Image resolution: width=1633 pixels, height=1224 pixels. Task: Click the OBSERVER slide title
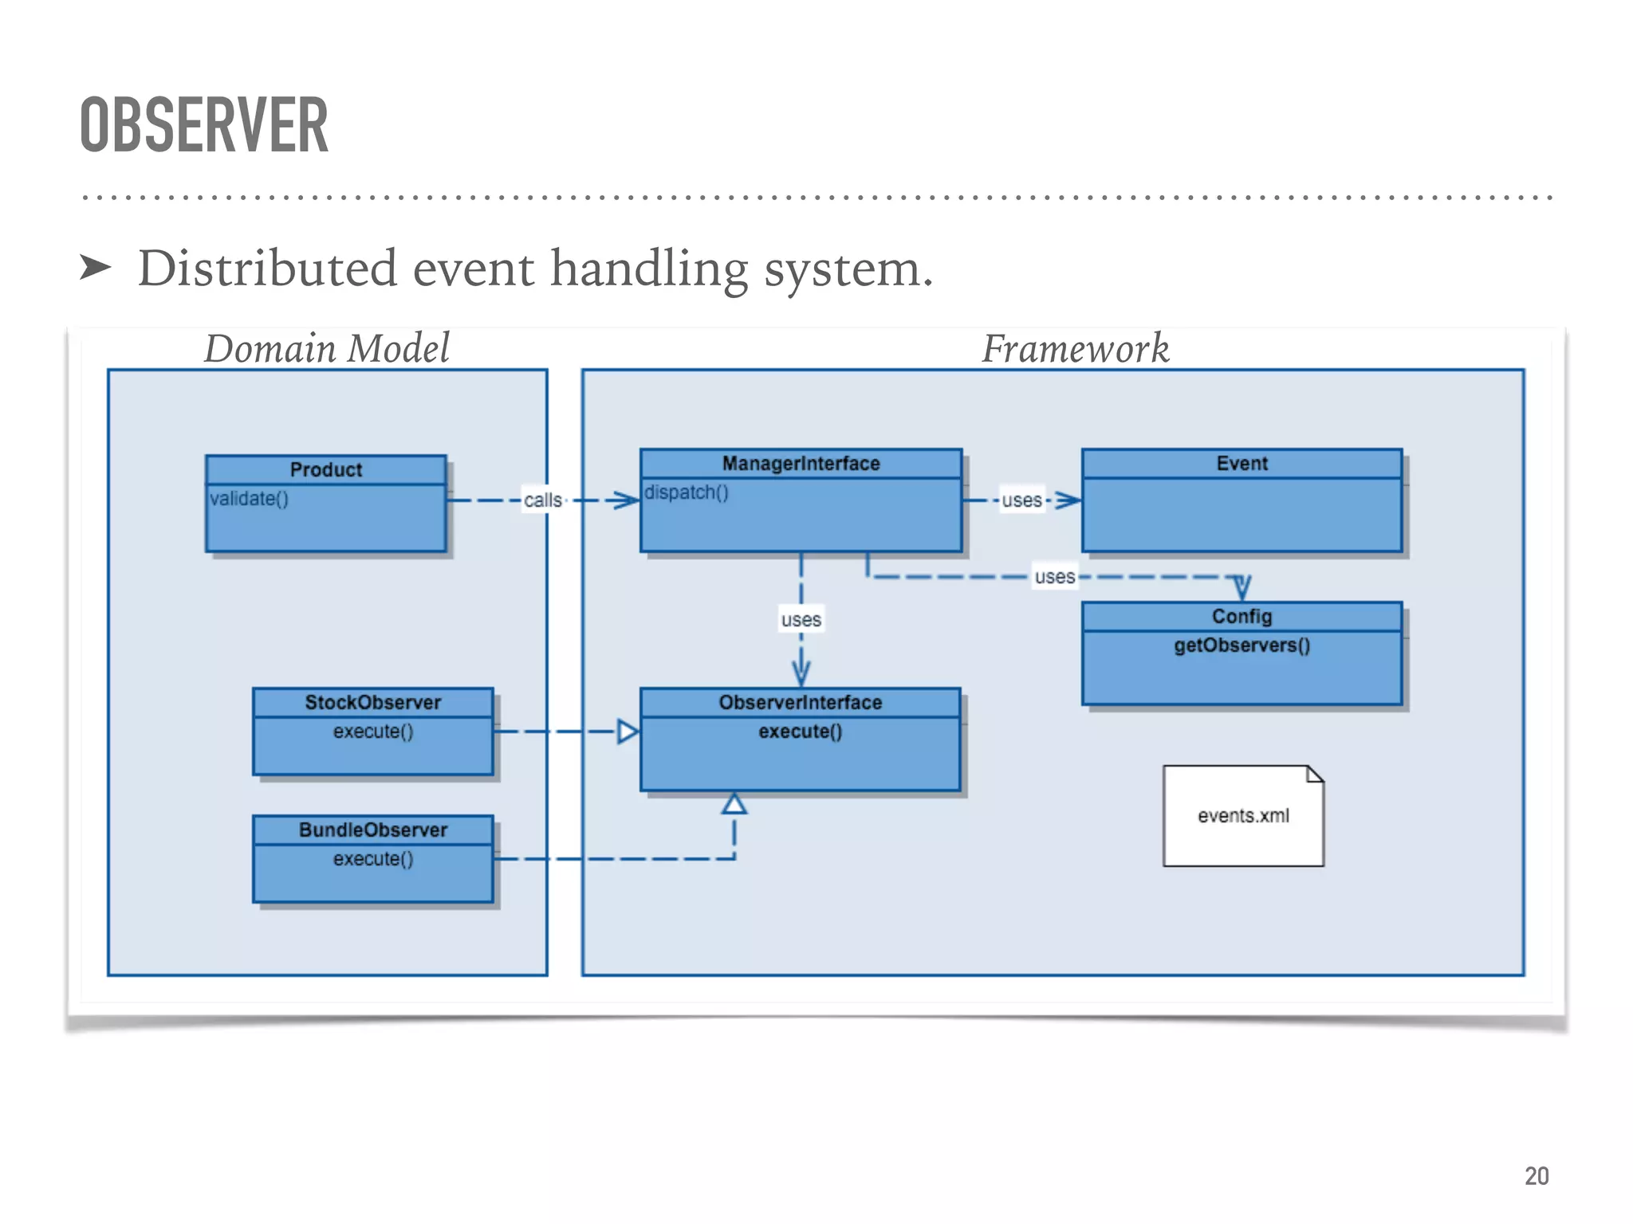[x=204, y=125]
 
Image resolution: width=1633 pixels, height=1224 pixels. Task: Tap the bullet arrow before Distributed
[x=96, y=268]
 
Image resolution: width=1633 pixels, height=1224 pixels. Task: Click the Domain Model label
[x=326, y=348]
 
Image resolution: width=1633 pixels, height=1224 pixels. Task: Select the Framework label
[x=1074, y=348]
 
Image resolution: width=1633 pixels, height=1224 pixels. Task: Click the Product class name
[x=325, y=469]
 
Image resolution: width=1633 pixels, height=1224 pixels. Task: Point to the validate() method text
[x=249, y=499]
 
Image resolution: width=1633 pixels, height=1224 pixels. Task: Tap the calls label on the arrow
[x=543, y=500]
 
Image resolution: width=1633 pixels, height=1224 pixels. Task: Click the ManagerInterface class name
[x=801, y=463]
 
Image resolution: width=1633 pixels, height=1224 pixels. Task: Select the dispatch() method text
[x=686, y=492]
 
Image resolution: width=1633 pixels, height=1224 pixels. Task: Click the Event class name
[x=1241, y=463]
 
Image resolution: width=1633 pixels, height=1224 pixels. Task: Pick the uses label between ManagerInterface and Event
[x=1021, y=500]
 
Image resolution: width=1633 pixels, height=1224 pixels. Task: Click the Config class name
[x=1241, y=616]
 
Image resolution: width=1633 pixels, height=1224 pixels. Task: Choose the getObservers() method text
[x=1241, y=645]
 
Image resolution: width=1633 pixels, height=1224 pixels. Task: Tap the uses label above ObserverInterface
[x=801, y=619]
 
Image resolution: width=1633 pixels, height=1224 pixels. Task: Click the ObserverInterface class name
[x=801, y=702]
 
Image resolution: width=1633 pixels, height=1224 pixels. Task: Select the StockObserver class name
[x=372, y=702]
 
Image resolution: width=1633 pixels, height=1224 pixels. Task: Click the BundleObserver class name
[x=372, y=830]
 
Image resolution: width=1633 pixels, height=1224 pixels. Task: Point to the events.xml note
[x=1242, y=816]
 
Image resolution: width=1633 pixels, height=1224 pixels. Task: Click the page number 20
[x=1536, y=1175]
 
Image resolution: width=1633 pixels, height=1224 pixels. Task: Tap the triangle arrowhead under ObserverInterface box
[x=734, y=804]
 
